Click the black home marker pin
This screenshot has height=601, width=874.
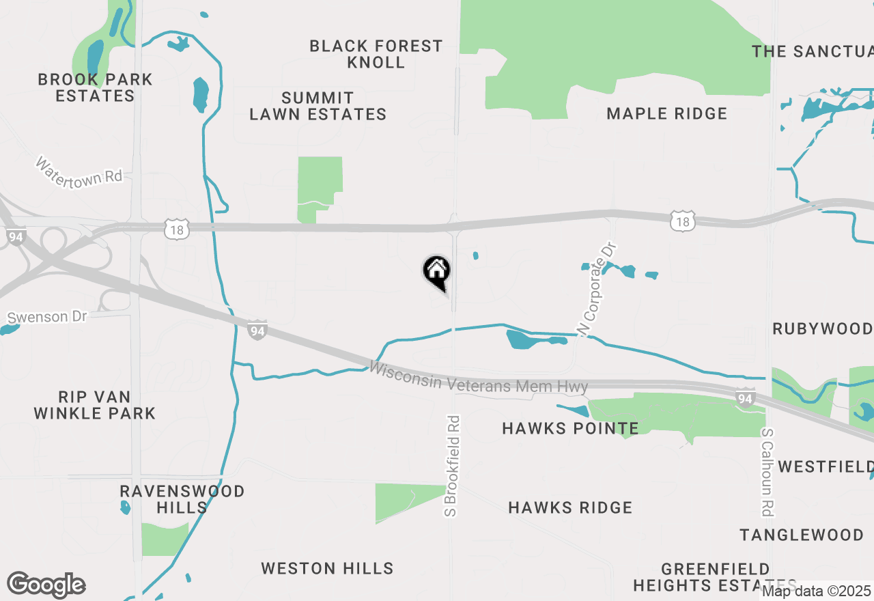[x=437, y=272]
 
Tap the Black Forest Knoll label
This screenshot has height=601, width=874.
[x=376, y=54]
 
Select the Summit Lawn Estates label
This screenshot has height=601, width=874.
[x=318, y=106]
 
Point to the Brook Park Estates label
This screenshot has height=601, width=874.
[x=96, y=87]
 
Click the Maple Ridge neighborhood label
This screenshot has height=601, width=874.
[x=667, y=113]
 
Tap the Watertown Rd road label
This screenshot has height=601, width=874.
[x=79, y=171]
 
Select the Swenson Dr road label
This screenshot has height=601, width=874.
[x=47, y=317]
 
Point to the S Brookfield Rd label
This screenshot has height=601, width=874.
[x=453, y=465]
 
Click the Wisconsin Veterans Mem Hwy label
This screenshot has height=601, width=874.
[x=479, y=378]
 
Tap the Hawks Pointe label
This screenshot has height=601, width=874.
[x=571, y=428]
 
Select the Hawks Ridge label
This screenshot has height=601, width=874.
[x=571, y=507]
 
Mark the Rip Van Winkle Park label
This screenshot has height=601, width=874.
[x=95, y=405]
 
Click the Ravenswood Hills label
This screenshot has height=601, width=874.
[x=182, y=499]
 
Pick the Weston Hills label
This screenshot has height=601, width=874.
[x=328, y=568]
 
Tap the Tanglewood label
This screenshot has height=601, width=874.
[x=802, y=534]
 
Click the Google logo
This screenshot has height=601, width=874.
[x=46, y=585]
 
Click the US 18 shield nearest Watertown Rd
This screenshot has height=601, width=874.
[x=176, y=230]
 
